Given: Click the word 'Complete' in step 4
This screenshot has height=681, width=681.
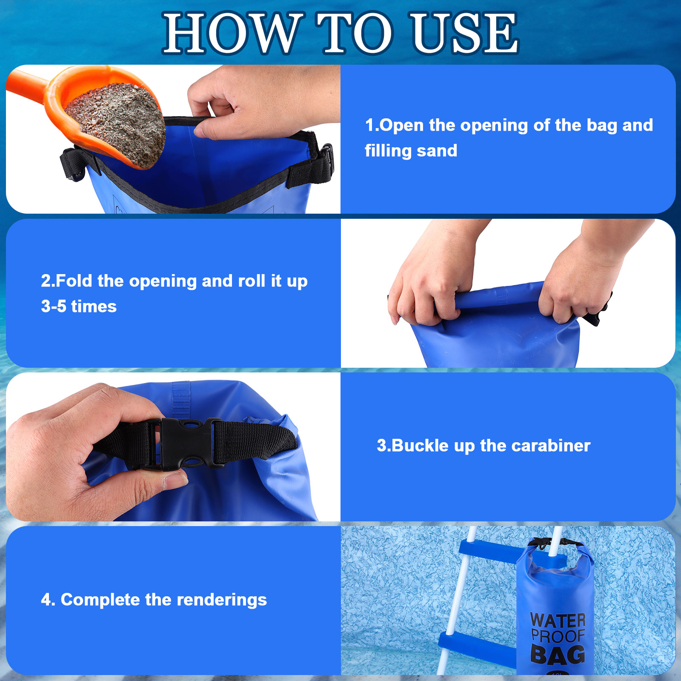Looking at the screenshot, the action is coord(100,600).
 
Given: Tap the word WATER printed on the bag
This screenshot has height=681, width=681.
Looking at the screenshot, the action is coord(558,621).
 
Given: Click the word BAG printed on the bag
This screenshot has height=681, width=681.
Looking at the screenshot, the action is coord(558,655).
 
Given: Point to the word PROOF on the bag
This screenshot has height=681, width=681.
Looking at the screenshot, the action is coord(558,636).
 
